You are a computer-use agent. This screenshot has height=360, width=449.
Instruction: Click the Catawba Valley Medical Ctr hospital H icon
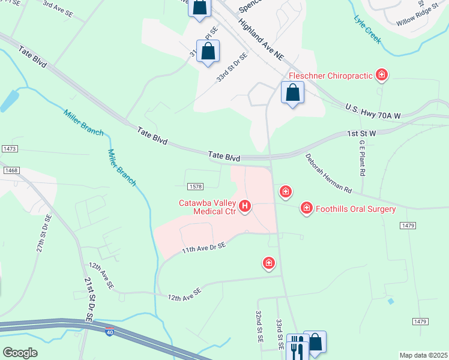tap(245, 207)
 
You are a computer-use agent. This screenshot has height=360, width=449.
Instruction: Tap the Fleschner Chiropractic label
tap(331, 76)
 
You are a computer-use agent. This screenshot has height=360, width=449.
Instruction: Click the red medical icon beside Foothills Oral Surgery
tap(306, 208)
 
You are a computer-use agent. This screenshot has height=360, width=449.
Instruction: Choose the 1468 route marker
tap(11, 170)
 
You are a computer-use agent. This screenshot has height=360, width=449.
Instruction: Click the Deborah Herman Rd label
tap(328, 174)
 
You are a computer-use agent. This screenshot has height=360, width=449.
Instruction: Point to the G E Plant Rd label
tap(362, 158)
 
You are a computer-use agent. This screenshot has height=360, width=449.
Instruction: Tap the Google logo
tap(19, 353)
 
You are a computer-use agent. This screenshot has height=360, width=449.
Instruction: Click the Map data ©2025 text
tap(423, 355)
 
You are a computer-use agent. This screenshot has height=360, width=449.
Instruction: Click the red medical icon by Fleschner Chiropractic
tap(381, 75)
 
